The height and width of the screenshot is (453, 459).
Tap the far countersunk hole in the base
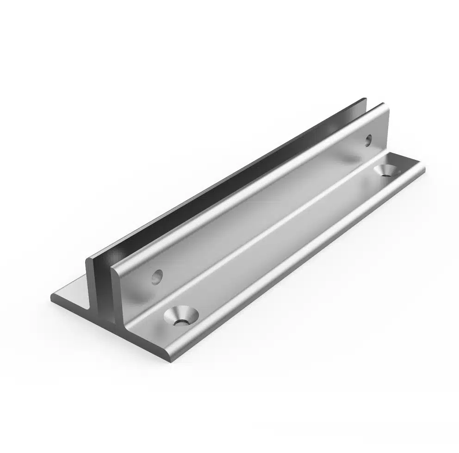click(387, 170)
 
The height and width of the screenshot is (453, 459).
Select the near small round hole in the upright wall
click(158, 276)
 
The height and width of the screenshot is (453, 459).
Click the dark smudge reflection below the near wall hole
click(139, 300)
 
